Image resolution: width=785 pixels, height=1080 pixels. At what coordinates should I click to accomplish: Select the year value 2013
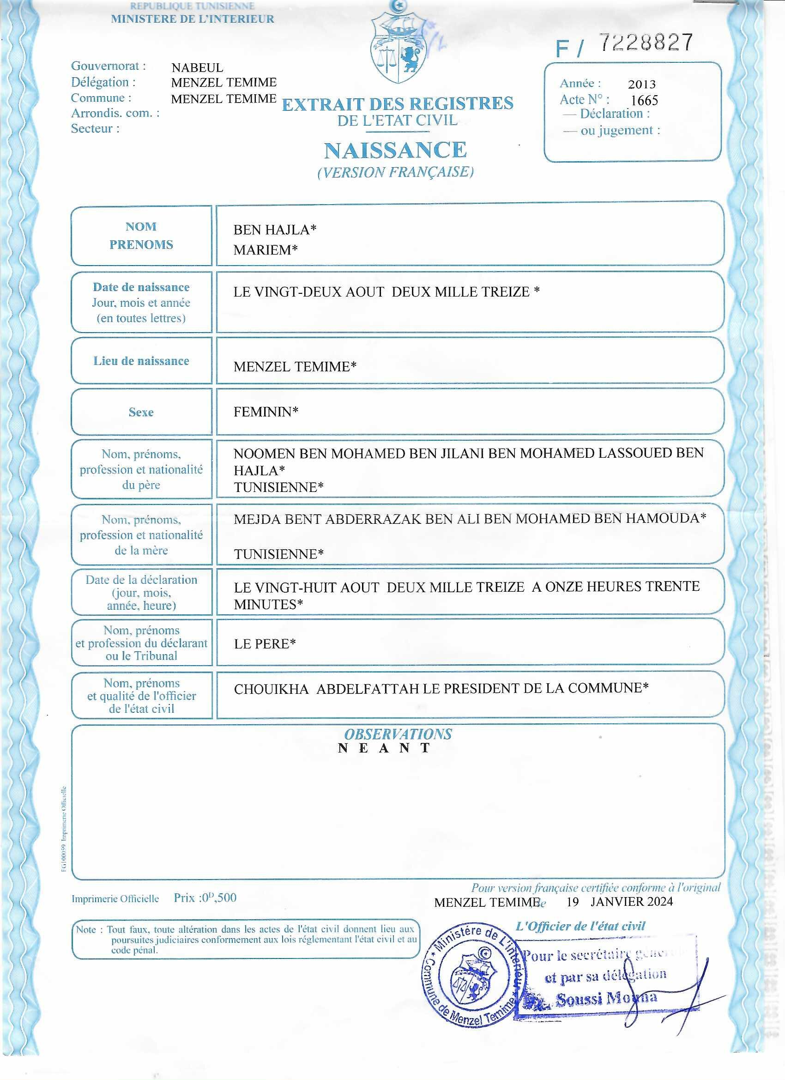642,84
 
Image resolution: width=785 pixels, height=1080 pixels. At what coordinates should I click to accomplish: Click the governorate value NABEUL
197,67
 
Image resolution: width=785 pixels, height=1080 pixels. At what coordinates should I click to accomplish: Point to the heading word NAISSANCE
395,151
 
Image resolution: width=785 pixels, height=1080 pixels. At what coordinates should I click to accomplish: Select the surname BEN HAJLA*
275,230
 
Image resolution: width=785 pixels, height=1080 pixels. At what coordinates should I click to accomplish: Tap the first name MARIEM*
265,250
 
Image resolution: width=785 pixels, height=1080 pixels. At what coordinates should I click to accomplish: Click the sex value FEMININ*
266,412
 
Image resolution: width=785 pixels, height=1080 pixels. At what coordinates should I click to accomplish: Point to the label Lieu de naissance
141,361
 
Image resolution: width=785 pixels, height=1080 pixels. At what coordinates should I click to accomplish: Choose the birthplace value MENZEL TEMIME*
295,367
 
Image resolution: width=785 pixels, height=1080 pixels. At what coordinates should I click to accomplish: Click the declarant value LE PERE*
265,644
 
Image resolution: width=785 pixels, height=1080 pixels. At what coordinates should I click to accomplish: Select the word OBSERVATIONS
398,734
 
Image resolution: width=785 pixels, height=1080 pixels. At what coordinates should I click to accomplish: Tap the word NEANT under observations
384,748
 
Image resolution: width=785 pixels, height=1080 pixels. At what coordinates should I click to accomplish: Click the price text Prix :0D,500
205,898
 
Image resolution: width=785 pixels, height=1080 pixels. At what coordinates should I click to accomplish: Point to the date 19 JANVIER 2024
619,901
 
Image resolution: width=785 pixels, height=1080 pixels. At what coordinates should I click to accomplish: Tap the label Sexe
141,412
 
